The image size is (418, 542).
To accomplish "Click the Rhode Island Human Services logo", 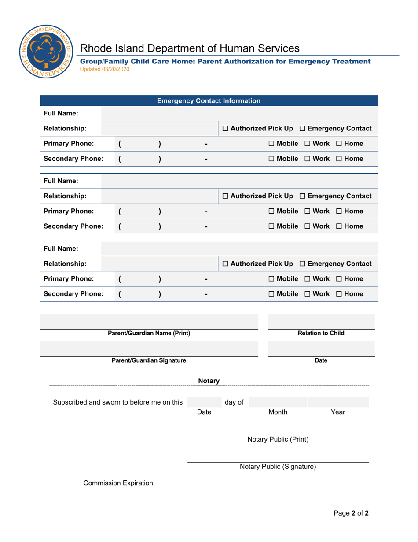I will pos(45,52).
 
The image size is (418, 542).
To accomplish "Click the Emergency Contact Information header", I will pos(209,101).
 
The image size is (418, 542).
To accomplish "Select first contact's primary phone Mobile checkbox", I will pos(271,144).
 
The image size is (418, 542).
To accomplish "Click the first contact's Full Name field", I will pos(239,114).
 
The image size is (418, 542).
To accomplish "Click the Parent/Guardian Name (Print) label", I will pos(149,334).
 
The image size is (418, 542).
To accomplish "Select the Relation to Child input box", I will pos(321,322).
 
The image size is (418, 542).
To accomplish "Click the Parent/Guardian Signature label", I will pos(149,361).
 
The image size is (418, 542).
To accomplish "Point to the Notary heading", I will pos(209,381).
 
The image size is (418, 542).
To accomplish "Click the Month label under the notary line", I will pos(278,412).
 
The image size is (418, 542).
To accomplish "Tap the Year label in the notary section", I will pos(338,412).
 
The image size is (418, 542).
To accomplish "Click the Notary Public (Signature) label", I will pos(278,467).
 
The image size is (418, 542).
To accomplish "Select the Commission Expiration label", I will pos(118,483).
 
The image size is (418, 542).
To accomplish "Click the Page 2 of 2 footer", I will pos(350,513).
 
